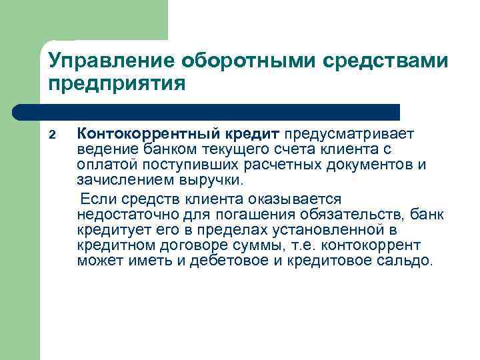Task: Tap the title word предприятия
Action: pos(115,85)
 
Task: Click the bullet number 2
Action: pos(52,135)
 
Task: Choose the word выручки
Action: pos(216,180)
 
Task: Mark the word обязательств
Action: pos(347,214)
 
